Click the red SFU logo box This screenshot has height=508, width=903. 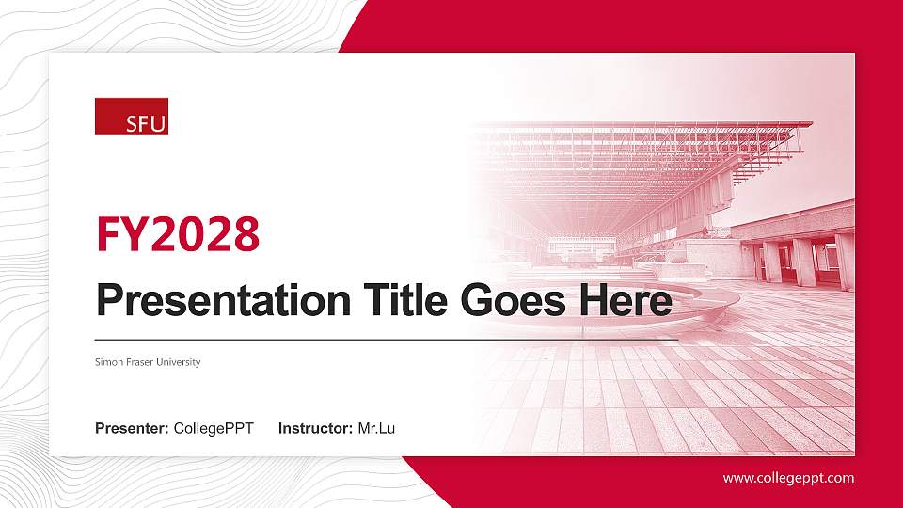point(132,116)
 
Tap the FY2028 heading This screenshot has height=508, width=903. point(178,234)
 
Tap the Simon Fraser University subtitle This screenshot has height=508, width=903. point(148,362)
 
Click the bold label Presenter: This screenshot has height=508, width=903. point(132,429)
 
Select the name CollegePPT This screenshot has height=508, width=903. point(214,429)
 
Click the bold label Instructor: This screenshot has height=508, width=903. point(316,429)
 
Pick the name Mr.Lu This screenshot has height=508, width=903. point(376,429)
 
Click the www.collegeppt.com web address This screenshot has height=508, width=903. point(788,478)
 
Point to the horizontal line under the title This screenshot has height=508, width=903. point(386,339)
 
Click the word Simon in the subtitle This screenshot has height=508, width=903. point(107,362)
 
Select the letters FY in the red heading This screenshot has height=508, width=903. point(117,234)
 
